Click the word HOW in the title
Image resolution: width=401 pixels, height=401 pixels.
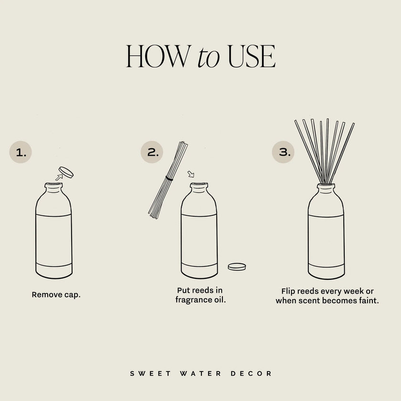pyautogui.click(x=156, y=57)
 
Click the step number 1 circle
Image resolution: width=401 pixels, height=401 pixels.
pyautogui.click(x=21, y=152)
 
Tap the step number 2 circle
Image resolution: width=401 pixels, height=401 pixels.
pyautogui.click(x=152, y=152)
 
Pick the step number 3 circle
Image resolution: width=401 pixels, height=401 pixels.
pyautogui.click(x=284, y=152)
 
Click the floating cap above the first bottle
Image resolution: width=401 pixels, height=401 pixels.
pyautogui.click(x=65, y=171)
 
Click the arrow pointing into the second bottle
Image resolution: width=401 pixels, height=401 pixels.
pyautogui.click(x=191, y=174)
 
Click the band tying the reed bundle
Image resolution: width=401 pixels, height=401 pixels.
pyautogui.click(x=168, y=179)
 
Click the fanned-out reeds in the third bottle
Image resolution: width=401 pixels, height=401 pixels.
pyautogui.click(x=326, y=148)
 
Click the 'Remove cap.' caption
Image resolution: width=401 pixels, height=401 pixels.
pyautogui.click(x=56, y=295)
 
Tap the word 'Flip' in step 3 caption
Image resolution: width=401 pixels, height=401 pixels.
pyautogui.click(x=288, y=291)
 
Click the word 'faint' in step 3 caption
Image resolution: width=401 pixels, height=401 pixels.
pyautogui.click(x=367, y=301)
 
